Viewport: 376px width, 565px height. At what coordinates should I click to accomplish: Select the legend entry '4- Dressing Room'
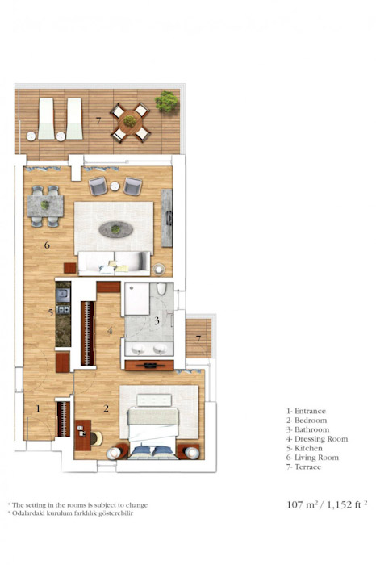coord(316,439)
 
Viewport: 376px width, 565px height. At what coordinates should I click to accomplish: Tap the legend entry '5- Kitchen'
coord(304,448)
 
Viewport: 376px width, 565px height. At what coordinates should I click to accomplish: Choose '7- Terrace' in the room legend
coord(303,467)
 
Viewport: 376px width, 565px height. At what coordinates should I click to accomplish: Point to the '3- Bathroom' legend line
coord(307,429)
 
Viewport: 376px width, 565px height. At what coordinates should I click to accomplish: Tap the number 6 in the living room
coord(48,245)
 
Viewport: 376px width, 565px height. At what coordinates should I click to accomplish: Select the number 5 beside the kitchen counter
coord(50,312)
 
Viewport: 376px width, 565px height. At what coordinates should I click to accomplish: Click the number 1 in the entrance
coord(37,408)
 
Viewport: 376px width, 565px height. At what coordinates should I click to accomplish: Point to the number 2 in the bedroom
coord(106,408)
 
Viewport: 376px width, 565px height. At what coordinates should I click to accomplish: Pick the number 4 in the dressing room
coord(111,331)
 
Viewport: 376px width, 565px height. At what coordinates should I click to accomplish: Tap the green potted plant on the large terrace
coord(167,103)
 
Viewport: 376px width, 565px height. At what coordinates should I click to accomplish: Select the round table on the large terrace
coord(130,122)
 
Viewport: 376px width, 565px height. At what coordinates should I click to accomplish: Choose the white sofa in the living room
coord(114,262)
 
